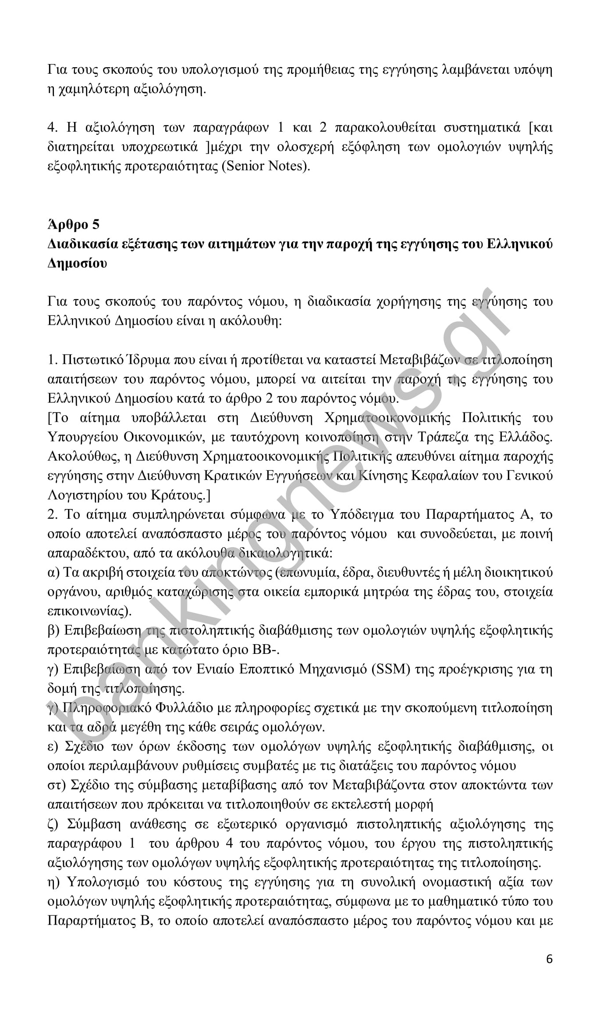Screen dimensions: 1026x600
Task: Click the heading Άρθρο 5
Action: tap(73, 224)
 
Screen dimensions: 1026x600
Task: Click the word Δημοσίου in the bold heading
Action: tap(77, 263)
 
